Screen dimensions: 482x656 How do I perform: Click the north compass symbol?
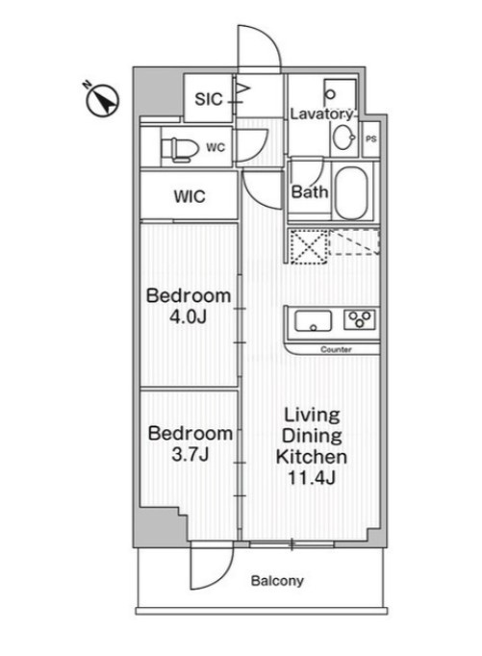point(102,99)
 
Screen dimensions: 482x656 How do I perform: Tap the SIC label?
point(209,99)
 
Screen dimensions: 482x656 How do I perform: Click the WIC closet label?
point(190,196)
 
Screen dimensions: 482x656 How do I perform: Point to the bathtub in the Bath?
point(351,193)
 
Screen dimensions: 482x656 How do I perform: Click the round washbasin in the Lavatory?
point(343,136)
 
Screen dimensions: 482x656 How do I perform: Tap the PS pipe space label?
point(371,139)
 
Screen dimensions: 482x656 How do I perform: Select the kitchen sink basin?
point(313,321)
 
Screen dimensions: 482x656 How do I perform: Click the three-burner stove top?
point(360,319)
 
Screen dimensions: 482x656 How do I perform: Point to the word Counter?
point(336,349)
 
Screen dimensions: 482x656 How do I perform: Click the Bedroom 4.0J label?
point(189,306)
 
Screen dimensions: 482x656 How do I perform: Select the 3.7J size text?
point(190,454)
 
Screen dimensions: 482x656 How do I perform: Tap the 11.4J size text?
point(312,477)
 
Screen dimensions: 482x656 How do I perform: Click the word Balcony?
point(277,581)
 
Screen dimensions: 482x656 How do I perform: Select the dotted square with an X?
point(309,246)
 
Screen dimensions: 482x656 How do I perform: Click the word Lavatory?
point(321,114)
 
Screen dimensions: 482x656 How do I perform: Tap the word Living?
point(312,415)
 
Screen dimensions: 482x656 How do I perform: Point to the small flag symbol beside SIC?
point(243,88)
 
